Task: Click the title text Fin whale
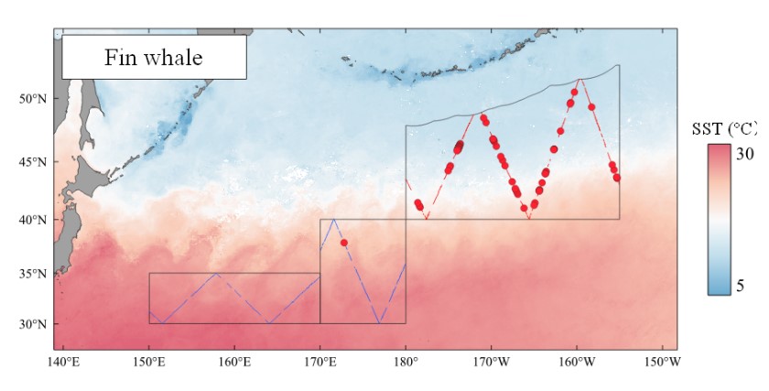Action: point(154,58)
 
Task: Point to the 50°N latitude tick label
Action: point(32,99)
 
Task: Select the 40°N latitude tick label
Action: point(32,220)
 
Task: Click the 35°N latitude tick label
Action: point(32,274)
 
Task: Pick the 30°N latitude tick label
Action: point(32,324)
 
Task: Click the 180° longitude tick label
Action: point(406,361)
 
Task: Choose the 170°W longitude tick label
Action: point(492,361)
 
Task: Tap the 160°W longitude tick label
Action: point(577,361)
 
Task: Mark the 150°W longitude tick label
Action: point(662,361)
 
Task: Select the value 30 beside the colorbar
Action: point(746,154)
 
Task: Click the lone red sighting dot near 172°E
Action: point(343,243)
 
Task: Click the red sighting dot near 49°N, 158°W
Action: point(591,107)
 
